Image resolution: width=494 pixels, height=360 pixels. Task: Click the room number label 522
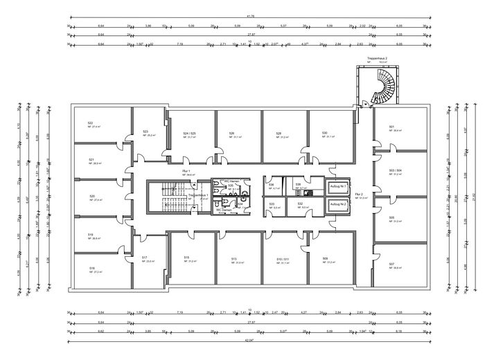pos(90,123)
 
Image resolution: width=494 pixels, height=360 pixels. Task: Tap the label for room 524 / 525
pos(189,132)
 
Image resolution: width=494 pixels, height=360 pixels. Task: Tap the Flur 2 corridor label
pos(362,195)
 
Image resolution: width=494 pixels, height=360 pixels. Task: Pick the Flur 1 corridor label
pos(186,170)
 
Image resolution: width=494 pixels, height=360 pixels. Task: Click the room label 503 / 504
pos(396,170)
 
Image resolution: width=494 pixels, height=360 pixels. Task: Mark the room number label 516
pos(91,267)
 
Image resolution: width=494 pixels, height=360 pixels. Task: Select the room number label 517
pos(144,258)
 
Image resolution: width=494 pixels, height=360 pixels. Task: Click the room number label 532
pos(300,204)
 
